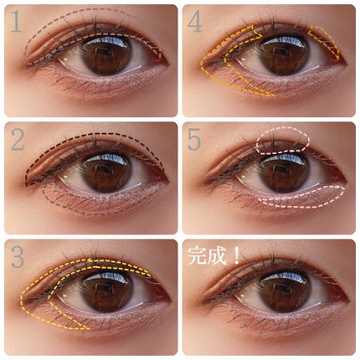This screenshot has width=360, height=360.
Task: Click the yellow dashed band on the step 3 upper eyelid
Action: tap(92, 268)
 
